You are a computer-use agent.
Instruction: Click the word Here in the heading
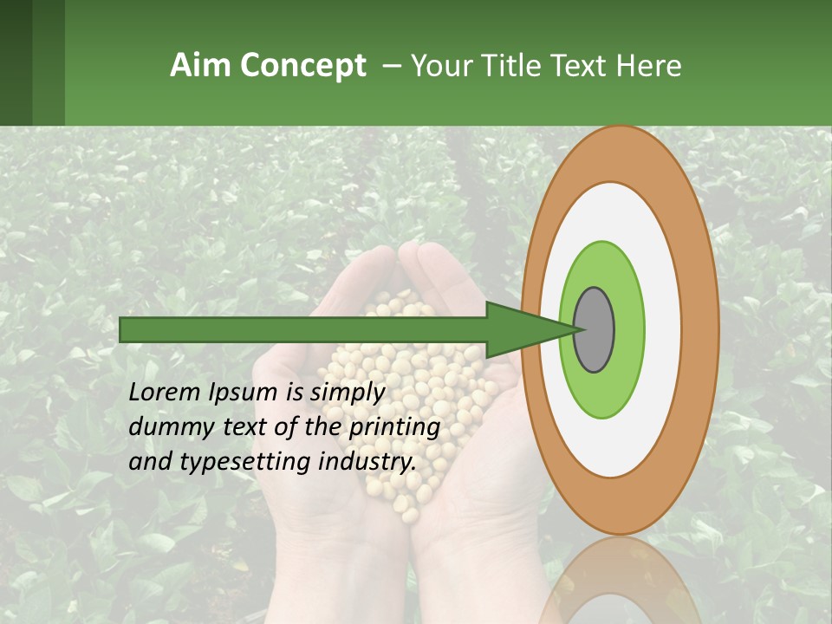pyautogui.click(x=649, y=66)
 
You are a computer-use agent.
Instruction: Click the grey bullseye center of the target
pyautogui.click(x=594, y=329)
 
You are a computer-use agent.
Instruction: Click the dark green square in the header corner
pyautogui.click(x=16, y=62)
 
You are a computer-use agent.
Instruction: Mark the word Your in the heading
pyautogui.click(x=439, y=66)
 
